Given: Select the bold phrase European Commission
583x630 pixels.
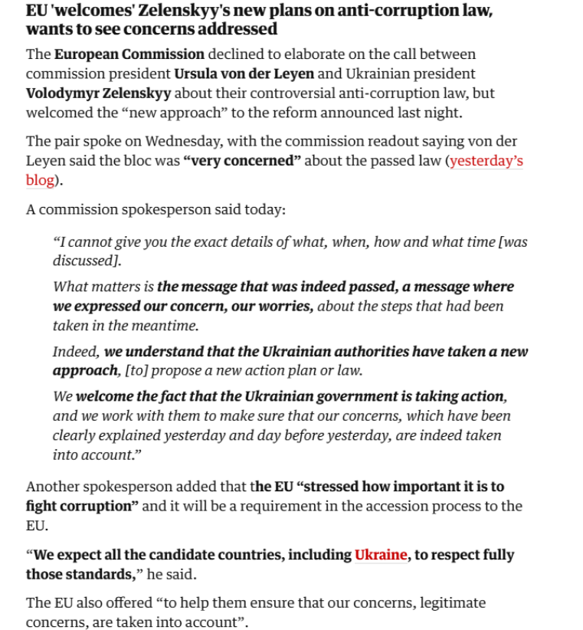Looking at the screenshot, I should point(129,54).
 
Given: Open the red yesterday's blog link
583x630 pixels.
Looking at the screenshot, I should point(486,162).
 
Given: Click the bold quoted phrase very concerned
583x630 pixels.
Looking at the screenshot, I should point(242,162).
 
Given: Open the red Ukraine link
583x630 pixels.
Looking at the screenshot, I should point(380,555).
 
